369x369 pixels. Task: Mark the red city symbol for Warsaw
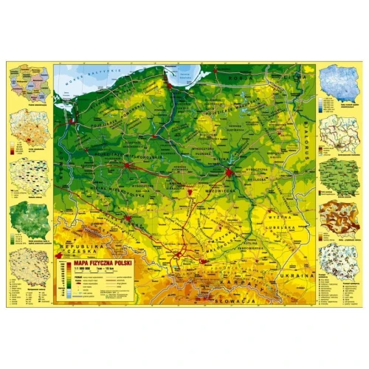coord(230,172)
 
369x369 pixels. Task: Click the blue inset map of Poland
coord(340,84)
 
